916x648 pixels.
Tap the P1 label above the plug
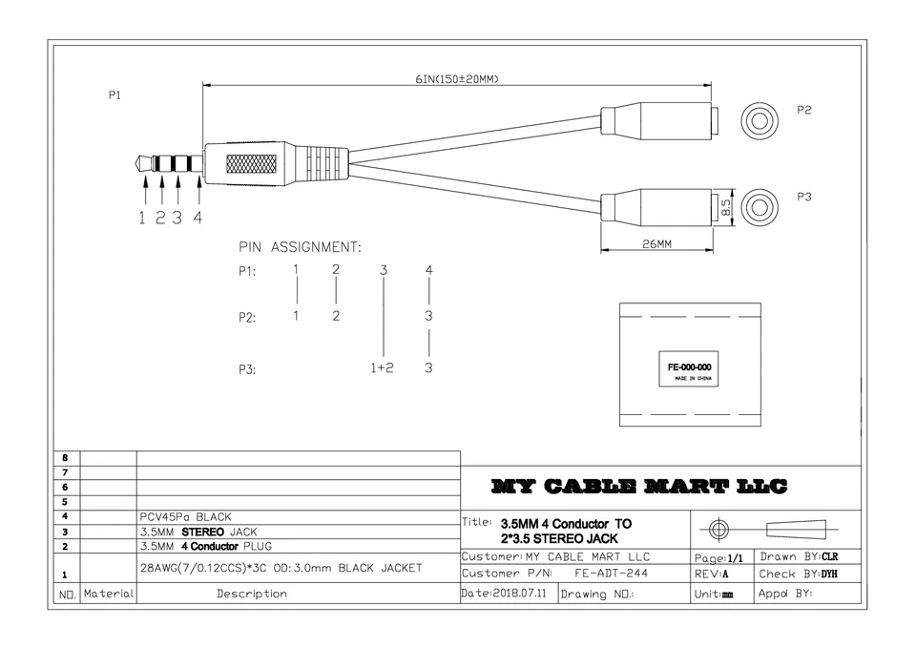(x=114, y=95)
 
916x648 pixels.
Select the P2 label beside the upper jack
(x=804, y=110)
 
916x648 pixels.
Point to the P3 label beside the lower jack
(x=804, y=197)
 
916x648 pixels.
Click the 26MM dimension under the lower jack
(x=656, y=243)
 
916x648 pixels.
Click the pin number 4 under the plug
(x=198, y=218)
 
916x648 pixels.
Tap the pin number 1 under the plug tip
(x=142, y=218)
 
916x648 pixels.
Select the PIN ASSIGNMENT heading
(x=300, y=247)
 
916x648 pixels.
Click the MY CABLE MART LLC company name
(x=639, y=487)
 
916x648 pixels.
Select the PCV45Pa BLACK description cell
(x=186, y=516)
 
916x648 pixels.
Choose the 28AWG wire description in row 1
(x=281, y=568)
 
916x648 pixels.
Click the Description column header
(x=251, y=594)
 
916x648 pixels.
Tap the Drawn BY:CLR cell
(x=798, y=555)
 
